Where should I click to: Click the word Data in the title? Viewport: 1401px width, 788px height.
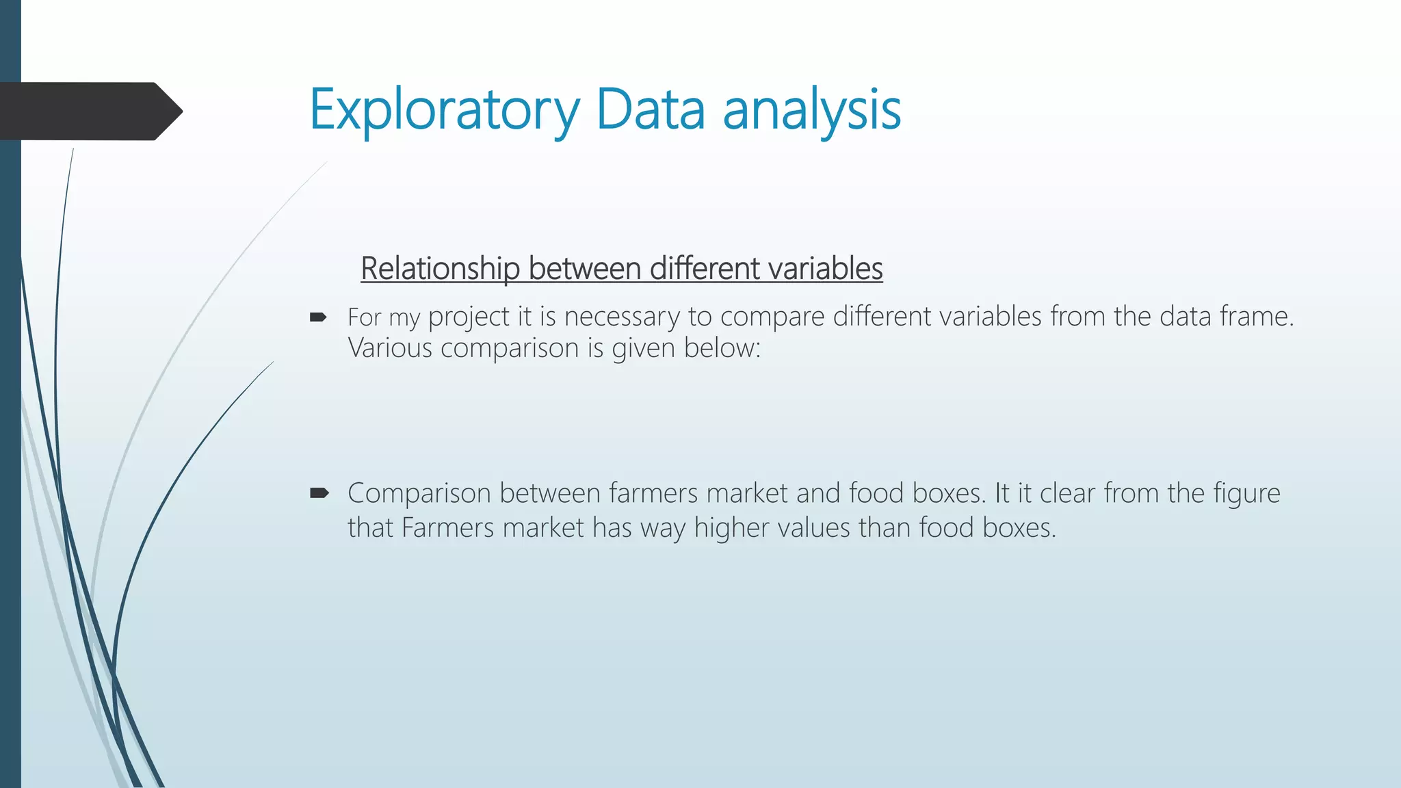(x=650, y=109)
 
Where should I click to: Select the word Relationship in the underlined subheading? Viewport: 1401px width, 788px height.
(x=440, y=269)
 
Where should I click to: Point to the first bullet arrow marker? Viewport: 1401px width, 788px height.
(x=318, y=317)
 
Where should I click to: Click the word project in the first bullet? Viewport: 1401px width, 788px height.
(x=469, y=317)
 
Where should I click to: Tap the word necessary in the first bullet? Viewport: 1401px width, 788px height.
(x=622, y=317)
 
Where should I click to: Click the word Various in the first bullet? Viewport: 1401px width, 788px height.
(x=390, y=348)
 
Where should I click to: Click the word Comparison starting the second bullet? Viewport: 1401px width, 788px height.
(x=419, y=494)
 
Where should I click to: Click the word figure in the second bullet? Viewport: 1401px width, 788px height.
(x=1246, y=494)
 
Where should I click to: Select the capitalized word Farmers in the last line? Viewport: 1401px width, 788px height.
(x=447, y=528)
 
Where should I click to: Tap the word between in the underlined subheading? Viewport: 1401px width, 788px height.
(x=585, y=268)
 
